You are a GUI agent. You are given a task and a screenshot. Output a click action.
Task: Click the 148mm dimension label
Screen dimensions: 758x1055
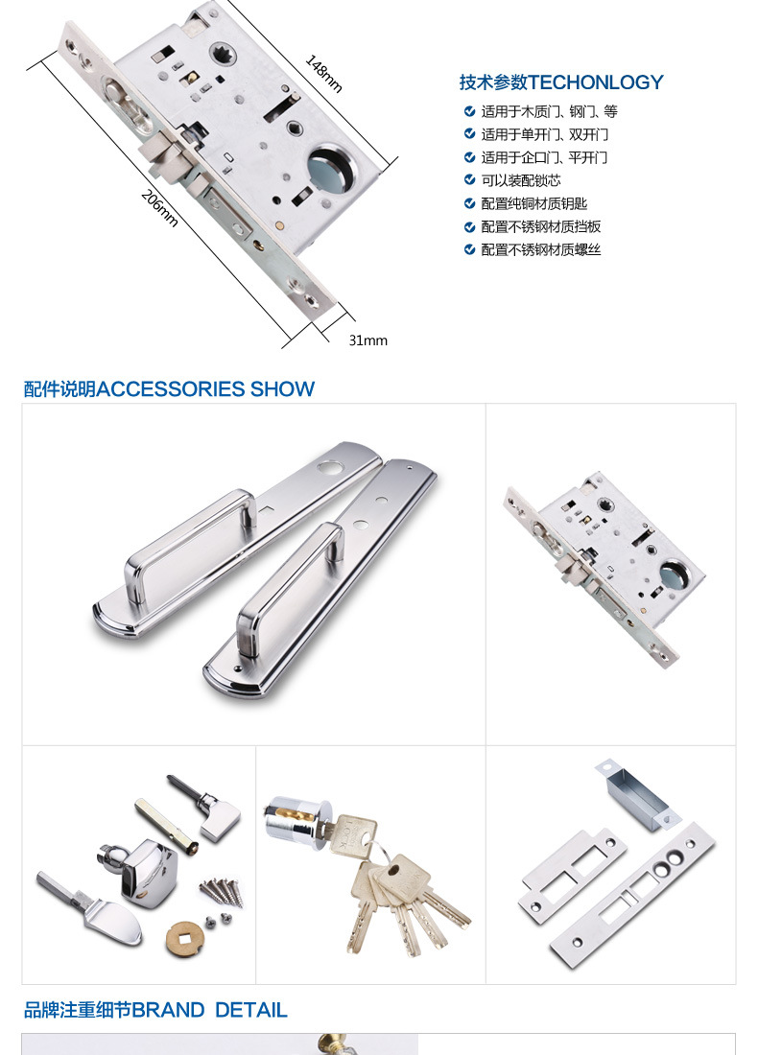click(x=324, y=73)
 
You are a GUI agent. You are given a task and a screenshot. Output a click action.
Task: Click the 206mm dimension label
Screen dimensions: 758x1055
click(x=160, y=208)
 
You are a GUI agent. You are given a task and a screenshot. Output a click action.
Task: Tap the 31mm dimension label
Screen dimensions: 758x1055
click(x=368, y=340)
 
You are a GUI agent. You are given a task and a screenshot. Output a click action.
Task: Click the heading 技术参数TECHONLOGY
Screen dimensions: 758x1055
click(x=561, y=82)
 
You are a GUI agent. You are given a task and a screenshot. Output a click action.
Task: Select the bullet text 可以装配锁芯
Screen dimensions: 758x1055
click(x=521, y=180)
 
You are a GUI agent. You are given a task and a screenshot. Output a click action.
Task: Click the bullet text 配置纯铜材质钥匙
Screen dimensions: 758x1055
click(x=534, y=204)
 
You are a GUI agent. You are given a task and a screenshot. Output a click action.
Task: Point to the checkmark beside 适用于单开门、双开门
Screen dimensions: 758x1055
click(x=470, y=134)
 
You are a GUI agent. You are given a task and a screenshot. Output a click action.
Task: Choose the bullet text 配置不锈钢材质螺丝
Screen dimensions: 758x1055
click(x=541, y=249)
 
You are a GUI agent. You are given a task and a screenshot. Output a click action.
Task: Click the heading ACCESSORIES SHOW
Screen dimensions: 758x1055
click(x=206, y=388)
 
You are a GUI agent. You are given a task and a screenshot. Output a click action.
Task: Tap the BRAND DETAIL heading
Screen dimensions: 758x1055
click(x=210, y=1010)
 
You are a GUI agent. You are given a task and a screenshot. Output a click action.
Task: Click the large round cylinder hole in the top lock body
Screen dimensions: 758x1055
click(x=330, y=168)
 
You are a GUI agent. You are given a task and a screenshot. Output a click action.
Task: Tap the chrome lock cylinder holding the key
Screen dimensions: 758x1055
click(x=296, y=819)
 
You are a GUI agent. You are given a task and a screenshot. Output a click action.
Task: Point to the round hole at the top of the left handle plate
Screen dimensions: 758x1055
click(x=330, y=466)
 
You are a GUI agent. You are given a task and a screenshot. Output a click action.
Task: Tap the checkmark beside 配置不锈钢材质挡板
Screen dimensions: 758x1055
click(x=470, y=226)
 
